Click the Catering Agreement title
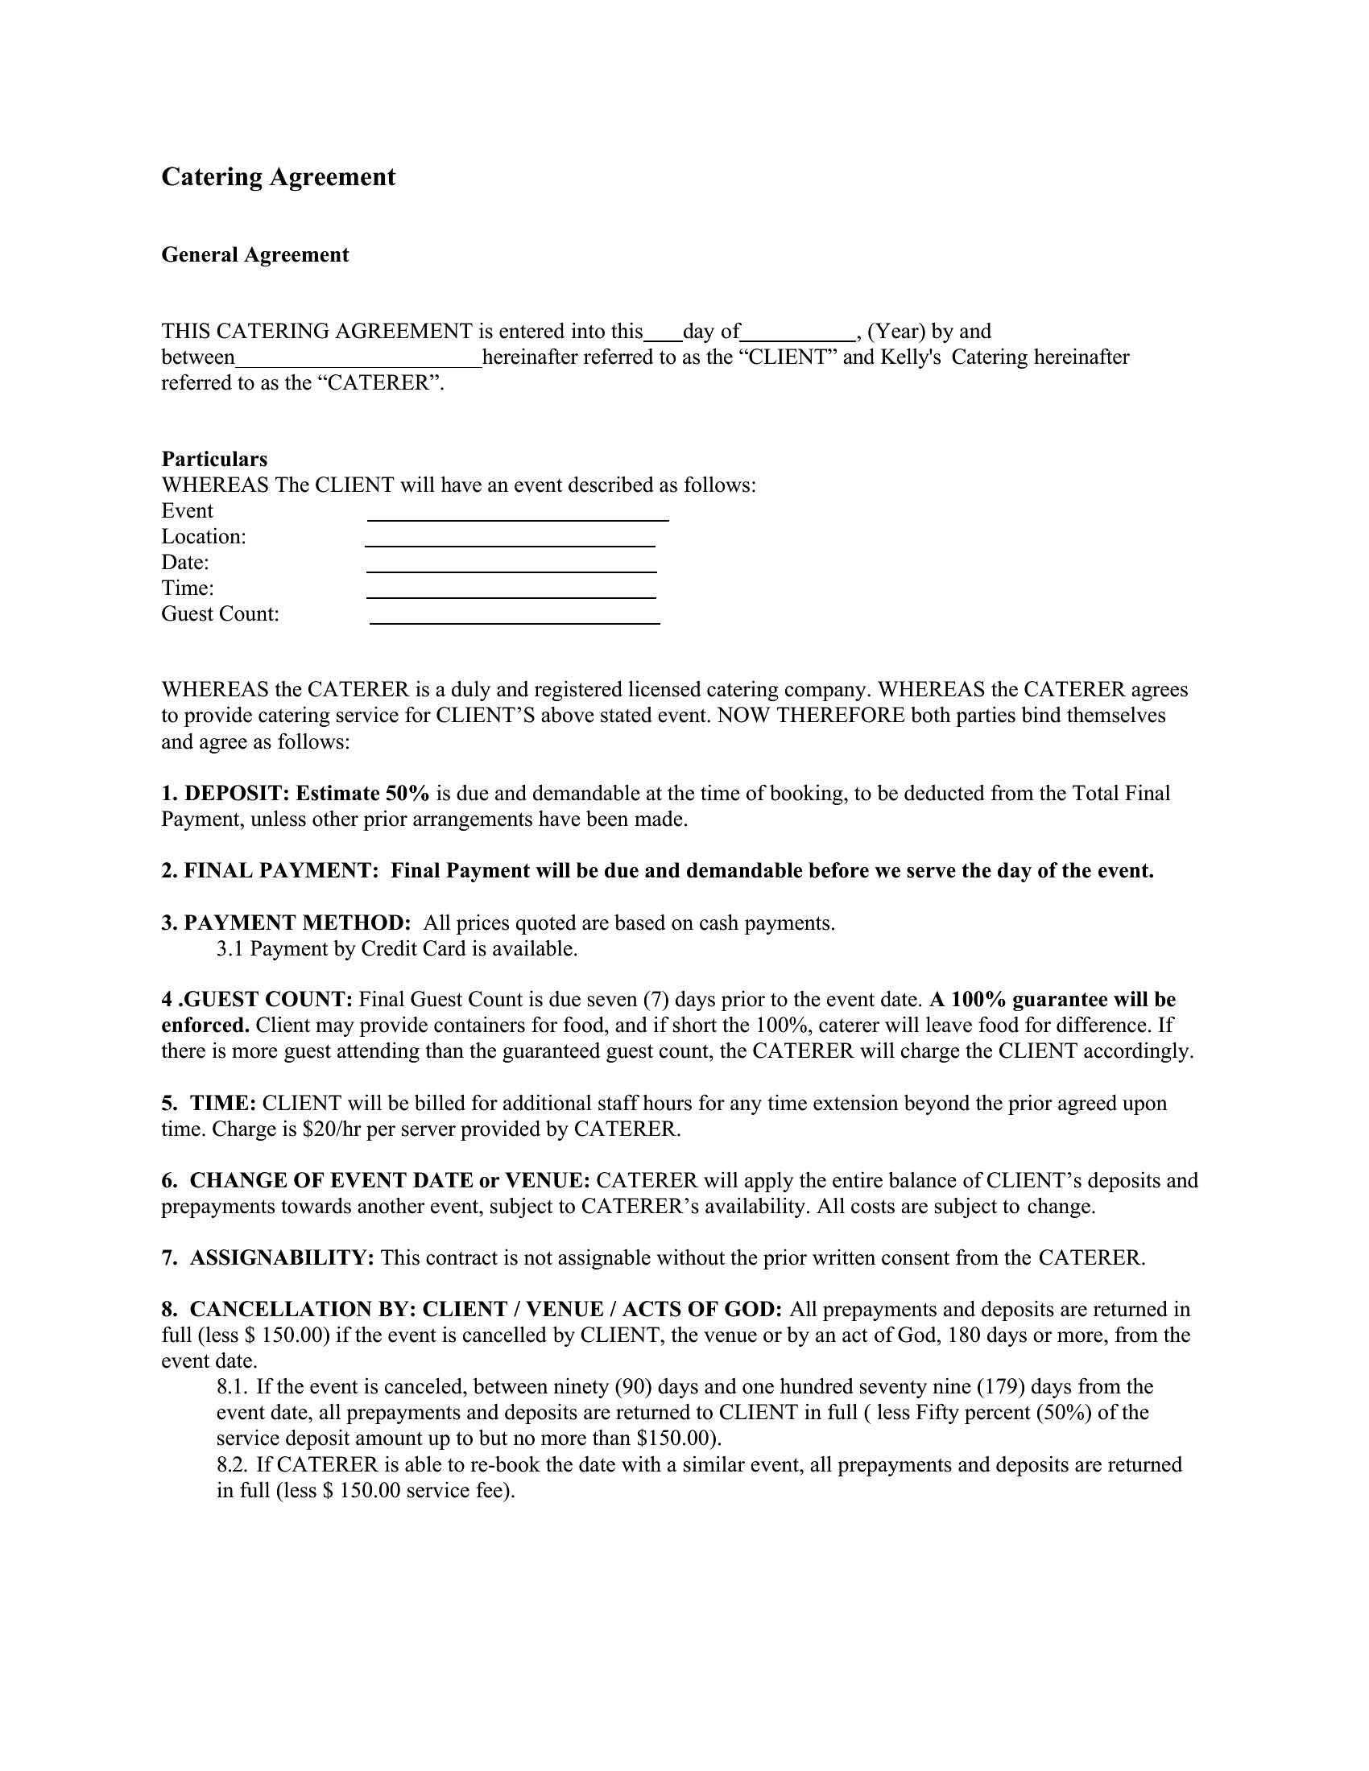[x=278, y=177]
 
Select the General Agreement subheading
[x=254, y=254]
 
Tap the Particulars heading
[x=214, y=459]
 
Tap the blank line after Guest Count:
[x=515, y=617]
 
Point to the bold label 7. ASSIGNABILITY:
[x=267, y=1257]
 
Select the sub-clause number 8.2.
[x=232, y=1464]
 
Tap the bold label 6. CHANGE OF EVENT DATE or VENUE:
[x=377, y=1181]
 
